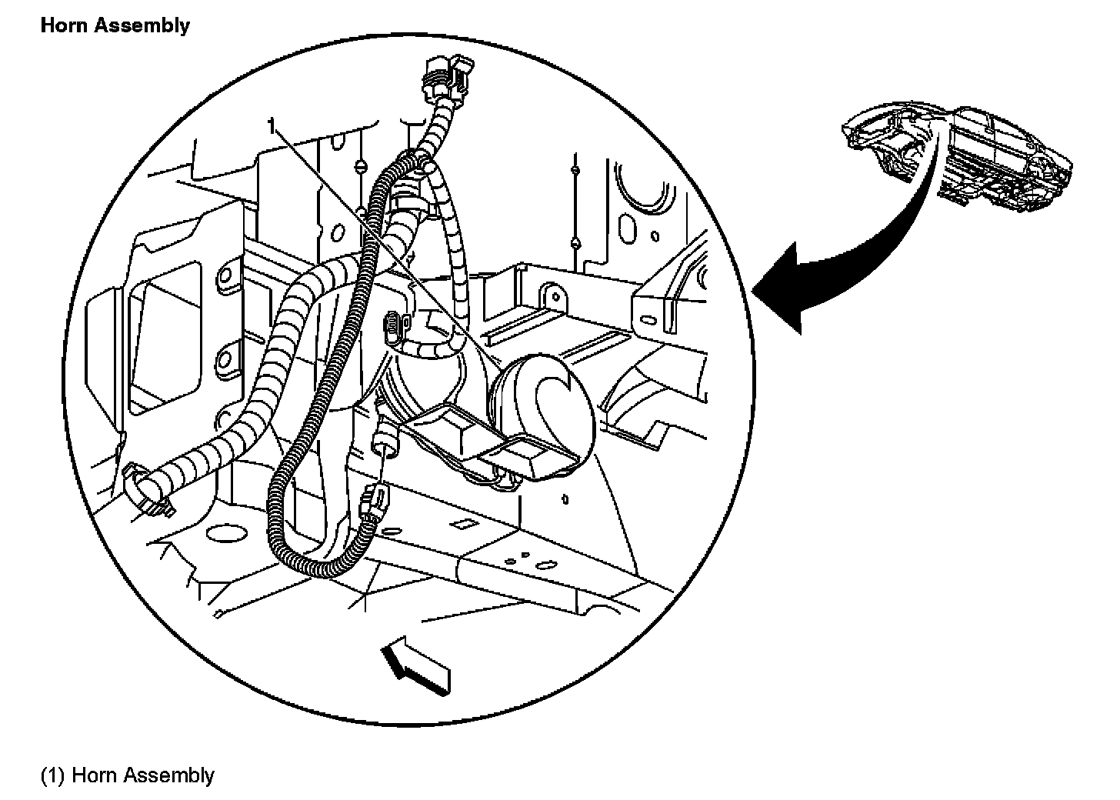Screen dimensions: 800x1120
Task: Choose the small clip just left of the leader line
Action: [x=393, y=324]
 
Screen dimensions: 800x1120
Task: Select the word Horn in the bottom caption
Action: [x=95, y=775]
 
